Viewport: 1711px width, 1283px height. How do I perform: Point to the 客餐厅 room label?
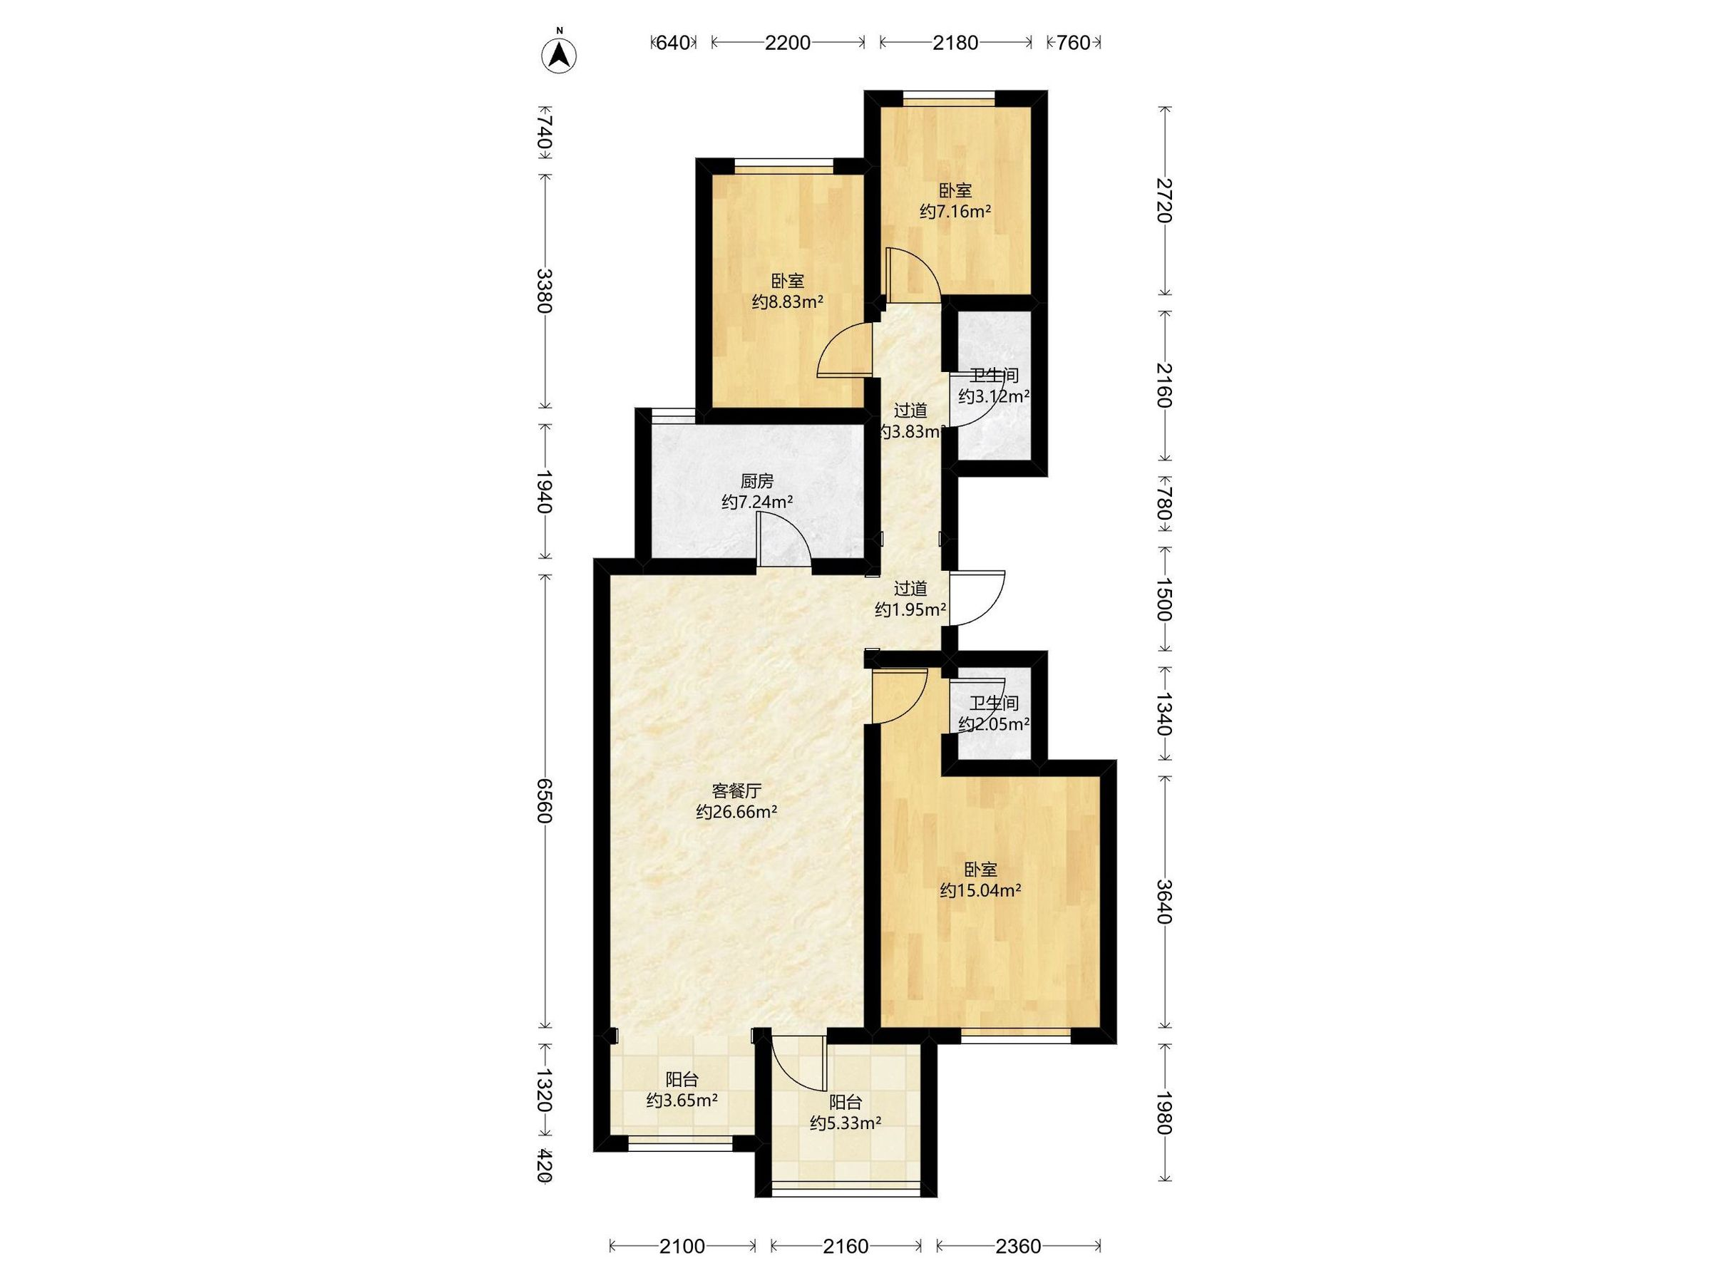click(736, 790)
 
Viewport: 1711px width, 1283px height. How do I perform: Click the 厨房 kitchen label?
click(756, 481)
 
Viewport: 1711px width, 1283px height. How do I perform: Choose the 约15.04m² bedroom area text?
click(981, 891)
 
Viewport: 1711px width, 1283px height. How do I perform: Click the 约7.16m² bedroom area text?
click(956, 211)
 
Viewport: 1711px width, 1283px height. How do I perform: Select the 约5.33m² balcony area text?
click(846, 1123)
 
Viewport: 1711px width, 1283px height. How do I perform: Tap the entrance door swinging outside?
click(976, 598)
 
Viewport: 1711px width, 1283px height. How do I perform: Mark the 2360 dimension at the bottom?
click(1019, 1246)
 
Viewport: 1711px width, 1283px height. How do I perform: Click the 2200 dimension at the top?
click(788, 43)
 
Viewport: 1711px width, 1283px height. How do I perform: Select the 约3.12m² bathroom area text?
click(994, 397)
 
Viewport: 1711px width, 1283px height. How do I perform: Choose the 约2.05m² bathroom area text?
click(994, 725)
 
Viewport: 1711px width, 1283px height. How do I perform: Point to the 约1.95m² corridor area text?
click(910, 609)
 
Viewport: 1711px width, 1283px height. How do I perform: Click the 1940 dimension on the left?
click(545, 492)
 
